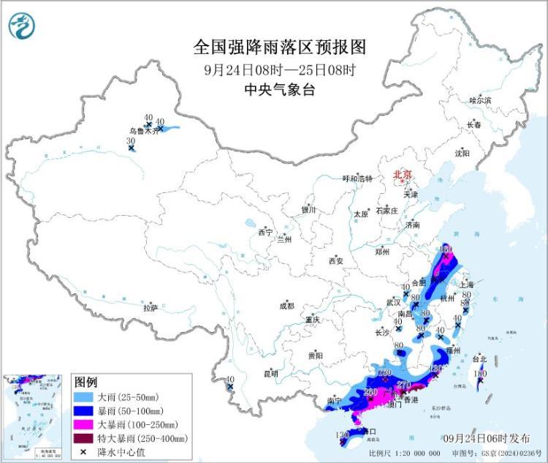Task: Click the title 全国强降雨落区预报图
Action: pos(279,48)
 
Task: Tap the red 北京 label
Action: pos(403,174)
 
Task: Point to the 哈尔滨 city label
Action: pos(480,99)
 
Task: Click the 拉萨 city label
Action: pos(151,308)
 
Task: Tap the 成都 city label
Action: pos(286,306)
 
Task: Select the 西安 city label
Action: pos(335,260)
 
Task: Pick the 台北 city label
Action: pos(479,359)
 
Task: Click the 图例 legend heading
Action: pos(85,383)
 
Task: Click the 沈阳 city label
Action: pos(462,153)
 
